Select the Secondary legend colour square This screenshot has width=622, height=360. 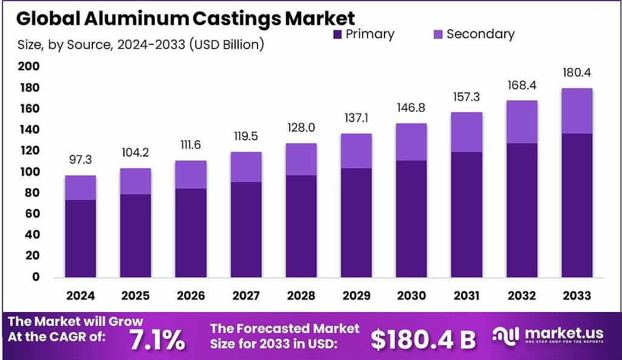click(x=437, y=35)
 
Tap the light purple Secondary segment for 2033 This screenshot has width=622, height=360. click(x=576, y=110)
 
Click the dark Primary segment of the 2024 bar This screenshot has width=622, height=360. click(x=81, y=238)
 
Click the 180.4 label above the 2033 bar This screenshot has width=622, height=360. click(x=576, y=73)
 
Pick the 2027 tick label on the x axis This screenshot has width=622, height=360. click(x=246, y=296)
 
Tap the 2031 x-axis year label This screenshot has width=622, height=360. click(x=466, y=296)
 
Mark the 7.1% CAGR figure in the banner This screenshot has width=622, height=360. click(x=157, y=339)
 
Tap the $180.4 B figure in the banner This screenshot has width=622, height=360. click(x=423, y=339)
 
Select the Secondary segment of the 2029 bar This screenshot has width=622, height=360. click(x=356, y=151)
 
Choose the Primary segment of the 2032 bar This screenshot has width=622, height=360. click(x=522, y=210)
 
